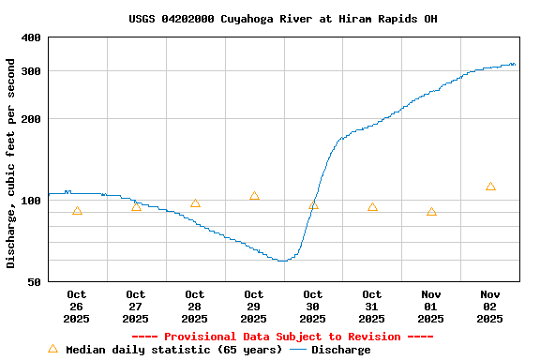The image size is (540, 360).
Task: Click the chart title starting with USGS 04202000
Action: pos(282,19)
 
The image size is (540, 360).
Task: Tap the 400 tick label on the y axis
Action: pos(31,37)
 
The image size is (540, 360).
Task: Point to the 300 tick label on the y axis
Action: pos(31,71)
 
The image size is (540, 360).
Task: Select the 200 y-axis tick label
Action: pos(31,119)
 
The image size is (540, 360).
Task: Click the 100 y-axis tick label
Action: pos(31,201)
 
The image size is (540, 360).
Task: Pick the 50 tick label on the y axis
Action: pos(35,282)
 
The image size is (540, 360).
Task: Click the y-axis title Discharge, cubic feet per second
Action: pos(11,163)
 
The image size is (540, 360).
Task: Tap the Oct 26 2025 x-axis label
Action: pos(77,307)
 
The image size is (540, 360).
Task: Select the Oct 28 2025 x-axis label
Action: pos(195,307)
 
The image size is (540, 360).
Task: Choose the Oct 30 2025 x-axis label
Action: pos(313,307)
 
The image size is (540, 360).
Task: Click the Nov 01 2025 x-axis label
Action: pos(431,307)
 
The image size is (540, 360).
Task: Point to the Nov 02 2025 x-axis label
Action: pos(490,307)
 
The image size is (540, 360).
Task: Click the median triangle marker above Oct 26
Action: pos(77,211)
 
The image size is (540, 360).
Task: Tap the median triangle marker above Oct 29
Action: pos(254,196)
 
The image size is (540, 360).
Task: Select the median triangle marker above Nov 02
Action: pos(490,187)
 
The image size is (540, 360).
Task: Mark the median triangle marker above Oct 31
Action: pos(372,207)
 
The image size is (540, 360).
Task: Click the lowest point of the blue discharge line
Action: pos(281,261)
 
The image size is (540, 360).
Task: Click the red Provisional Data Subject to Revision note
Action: pos(282,337)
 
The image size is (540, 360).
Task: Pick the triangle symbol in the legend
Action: pos(53,349)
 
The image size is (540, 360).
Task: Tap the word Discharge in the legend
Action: pos(340,350)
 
